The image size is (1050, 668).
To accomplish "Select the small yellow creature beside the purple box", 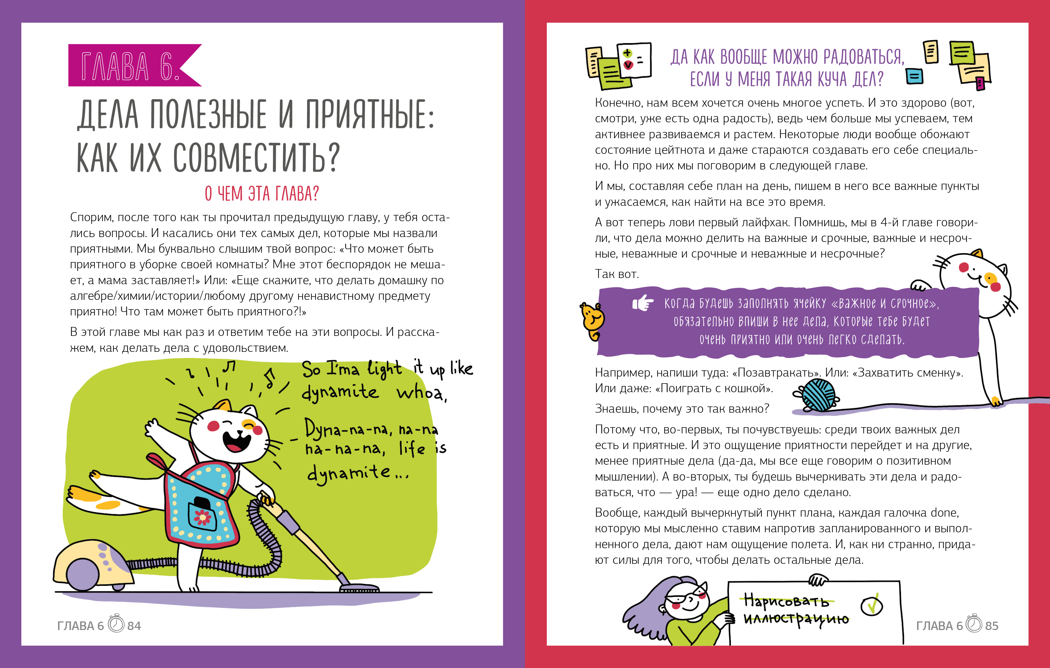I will (x=592, y=321).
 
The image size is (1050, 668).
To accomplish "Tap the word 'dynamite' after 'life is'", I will (x=349, y=473).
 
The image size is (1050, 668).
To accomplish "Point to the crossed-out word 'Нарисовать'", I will (x=786, y=601).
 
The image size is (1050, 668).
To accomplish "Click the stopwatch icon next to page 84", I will (x=116, y=624).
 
